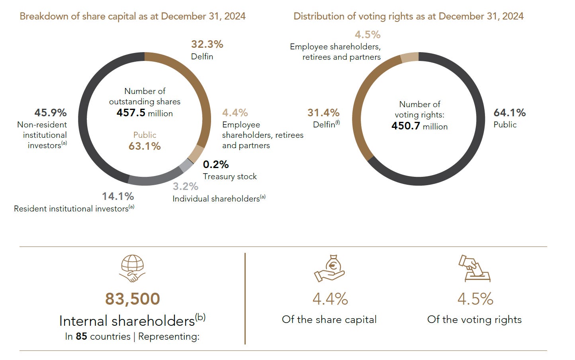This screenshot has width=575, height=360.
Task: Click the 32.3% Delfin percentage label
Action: (207, 44)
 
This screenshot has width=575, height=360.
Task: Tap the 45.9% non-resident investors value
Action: (51, 113)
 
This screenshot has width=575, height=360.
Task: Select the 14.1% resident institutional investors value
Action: (118, 196)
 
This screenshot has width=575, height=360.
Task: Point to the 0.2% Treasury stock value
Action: (216, 164)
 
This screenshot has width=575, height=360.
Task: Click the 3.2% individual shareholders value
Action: (185, 186)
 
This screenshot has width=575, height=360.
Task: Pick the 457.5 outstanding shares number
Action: (131, 113)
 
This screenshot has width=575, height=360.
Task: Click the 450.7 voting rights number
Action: (406, 126)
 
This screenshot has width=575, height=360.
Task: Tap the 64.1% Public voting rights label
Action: (510, 113)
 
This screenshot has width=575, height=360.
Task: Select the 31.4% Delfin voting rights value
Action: (323, 113)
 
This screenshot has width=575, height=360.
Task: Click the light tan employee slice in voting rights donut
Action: (409, 57)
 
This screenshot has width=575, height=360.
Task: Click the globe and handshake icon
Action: (132, 268)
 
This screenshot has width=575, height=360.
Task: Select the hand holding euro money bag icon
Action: (329, 268)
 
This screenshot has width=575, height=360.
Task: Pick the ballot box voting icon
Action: (474, 268)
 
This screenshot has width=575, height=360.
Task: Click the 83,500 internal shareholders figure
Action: (133, 299)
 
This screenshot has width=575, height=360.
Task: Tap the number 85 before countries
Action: (81, 337)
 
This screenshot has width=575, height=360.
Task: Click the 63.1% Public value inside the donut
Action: (145, 146)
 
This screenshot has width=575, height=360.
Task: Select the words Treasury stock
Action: (230, 177)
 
